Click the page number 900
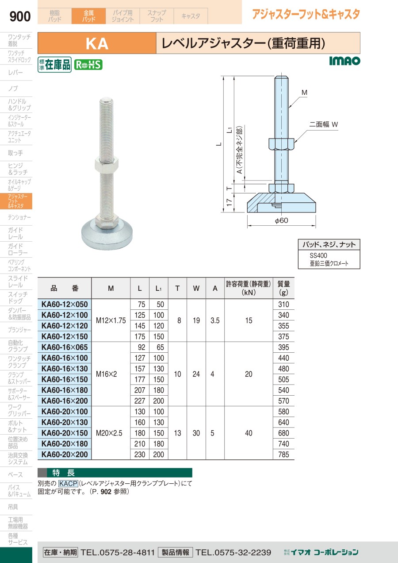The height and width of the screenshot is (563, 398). (x=20, y=16)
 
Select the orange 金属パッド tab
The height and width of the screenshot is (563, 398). (x=88, y=16)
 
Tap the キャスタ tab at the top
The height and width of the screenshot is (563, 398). (x=191, y=16)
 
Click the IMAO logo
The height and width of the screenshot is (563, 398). (x=344, y=61)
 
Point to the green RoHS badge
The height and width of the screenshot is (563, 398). (x=88, y=65)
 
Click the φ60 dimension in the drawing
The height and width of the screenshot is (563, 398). (x=281, y=220)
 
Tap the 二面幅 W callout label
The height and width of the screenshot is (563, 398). (x=323, y=124)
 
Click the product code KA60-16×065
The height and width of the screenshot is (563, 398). (x=65, y=347)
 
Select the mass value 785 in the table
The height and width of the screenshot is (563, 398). (x=283, y=455)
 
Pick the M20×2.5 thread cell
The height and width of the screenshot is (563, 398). (x=109, y=433)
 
